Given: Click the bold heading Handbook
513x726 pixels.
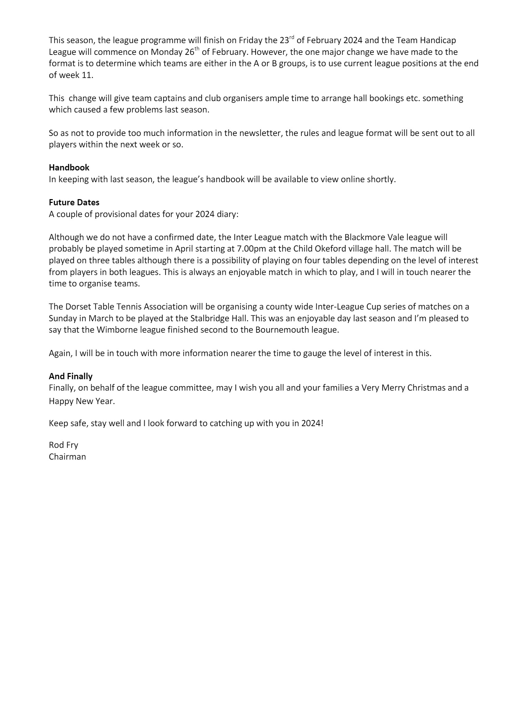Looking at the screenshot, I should point(69,168).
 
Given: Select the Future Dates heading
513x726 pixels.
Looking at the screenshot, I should point(74,203).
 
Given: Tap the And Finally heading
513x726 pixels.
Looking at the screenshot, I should point(71,376).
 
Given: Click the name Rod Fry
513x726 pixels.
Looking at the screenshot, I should point(63,445).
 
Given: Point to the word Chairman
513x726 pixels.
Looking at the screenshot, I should point(67,457).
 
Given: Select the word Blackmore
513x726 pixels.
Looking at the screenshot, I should point(370,237).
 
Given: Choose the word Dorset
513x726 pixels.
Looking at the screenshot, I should point(74,307).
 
